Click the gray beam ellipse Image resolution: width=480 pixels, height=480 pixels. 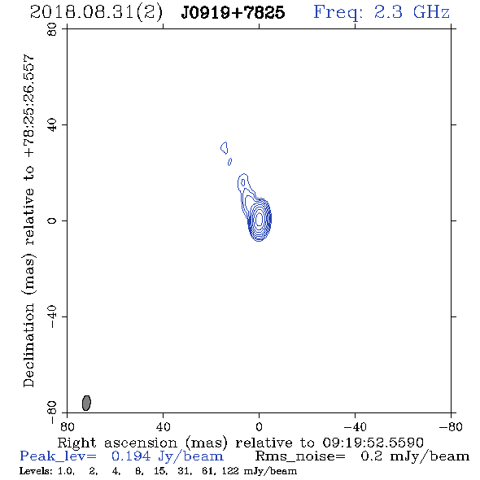click(86, 403)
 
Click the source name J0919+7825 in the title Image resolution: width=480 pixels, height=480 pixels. click(233, 13)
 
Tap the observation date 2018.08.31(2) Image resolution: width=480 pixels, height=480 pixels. click(96, 13)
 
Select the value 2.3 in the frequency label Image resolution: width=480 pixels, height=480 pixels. click(388, 12)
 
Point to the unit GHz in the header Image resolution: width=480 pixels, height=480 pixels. click(431, 12)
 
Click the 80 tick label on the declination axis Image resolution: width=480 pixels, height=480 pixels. click(52, 29)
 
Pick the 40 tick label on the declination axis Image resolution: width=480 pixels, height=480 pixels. click(52, 125)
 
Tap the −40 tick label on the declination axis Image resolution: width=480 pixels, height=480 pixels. click(52, 316)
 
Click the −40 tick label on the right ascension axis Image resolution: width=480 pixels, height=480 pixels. click(355, 426)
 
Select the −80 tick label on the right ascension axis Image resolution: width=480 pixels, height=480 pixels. click(451, 426)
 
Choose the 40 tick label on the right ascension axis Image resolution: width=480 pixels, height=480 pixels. click(163, 426)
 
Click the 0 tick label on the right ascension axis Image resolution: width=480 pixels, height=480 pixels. click(259, 426)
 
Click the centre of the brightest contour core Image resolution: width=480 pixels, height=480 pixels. click(260, 219)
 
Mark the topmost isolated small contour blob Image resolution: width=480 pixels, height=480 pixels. click(225, 148)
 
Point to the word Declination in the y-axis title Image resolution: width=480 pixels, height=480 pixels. click(28, 346)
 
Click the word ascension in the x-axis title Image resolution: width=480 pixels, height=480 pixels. click(141, 443)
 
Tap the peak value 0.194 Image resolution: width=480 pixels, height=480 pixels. click(131, 456)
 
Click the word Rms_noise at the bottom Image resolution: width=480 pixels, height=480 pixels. click(300, 456)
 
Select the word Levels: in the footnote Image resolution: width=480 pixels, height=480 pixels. click(36, 471)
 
